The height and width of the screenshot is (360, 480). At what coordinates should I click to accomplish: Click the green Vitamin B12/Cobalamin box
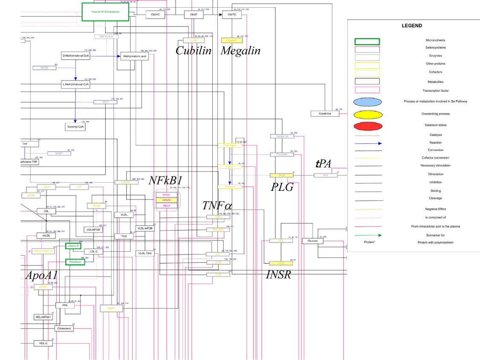(105, 12)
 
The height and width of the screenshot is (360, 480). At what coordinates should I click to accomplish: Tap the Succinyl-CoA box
(75, 127)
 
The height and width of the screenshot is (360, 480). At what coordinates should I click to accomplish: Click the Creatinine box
(324, 113)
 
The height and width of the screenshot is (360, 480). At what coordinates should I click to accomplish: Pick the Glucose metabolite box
(312, 241)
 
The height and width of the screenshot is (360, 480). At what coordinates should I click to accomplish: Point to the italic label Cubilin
(194, 51)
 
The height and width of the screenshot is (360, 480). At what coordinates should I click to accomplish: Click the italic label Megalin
(240, 51)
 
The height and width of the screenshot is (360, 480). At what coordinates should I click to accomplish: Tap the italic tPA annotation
(323, 163)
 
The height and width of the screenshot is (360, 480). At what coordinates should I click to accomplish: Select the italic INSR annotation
(278, 275)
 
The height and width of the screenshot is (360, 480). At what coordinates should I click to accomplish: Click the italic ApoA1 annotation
(41, 275)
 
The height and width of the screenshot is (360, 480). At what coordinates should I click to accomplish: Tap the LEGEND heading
(412, 26)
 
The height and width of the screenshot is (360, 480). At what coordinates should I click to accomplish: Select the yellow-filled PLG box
(281, 175)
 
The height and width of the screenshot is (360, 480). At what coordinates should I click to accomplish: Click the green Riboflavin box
(75, 262)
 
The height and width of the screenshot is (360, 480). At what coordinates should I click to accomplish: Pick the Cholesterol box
(64, 328)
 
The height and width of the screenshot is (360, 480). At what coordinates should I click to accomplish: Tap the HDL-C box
(43, 343)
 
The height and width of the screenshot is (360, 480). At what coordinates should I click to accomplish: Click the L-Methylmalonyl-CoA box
(75, 84)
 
